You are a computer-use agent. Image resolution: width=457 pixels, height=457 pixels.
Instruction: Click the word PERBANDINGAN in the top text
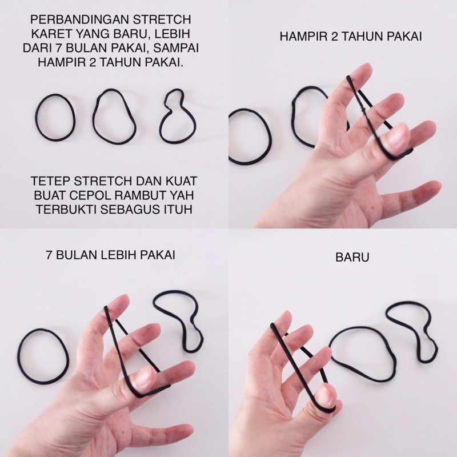coord(79,20)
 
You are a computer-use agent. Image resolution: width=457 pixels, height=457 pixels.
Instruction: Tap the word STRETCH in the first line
coord(162,20)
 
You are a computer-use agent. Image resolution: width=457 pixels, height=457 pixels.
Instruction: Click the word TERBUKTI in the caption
coord(66,209)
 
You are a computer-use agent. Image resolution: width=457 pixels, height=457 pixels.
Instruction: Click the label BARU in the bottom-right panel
coord(352,258)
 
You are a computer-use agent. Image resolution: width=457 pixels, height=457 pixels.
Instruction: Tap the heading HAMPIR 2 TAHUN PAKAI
coord(351,37)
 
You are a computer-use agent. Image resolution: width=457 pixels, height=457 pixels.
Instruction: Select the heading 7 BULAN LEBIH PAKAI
coord(110,255)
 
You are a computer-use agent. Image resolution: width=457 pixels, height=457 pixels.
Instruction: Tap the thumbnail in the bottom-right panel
coord(327,397)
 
